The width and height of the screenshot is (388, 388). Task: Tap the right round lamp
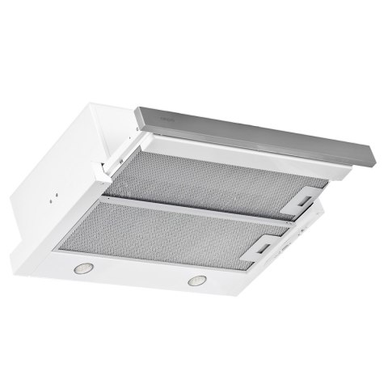tap(196, 281)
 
